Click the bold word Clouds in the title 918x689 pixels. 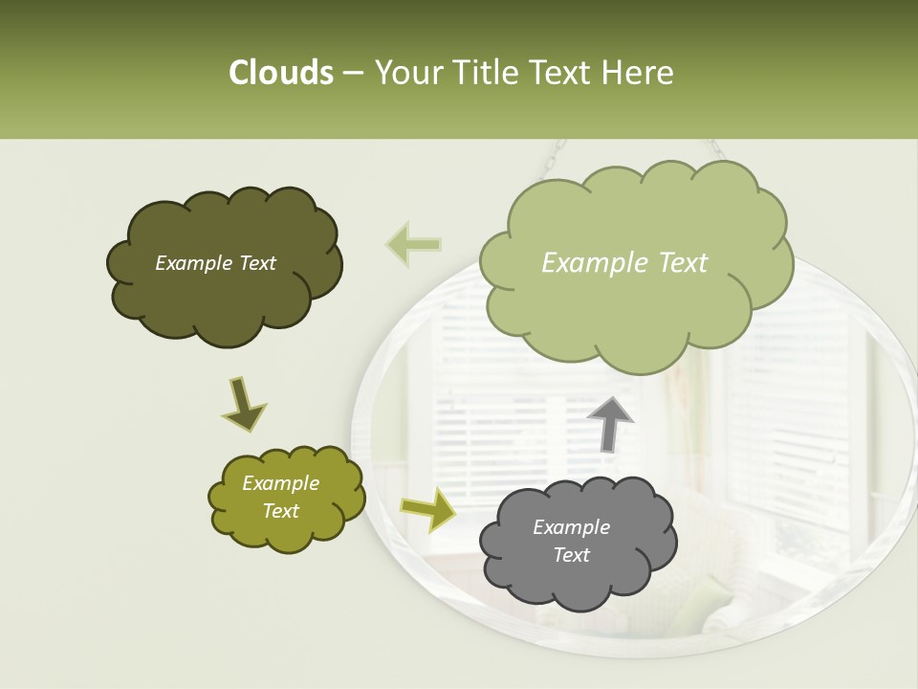click(x=280, y=73)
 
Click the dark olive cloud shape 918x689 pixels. click(x=226, y=306)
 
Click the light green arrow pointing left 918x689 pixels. click(x=414, y=244)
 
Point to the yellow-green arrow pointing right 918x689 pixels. click(x=428, y=509)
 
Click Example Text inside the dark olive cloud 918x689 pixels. click(x=215, y=263)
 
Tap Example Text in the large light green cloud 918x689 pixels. click(x=624, y=263)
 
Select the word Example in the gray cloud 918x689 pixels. click(x=571, y=527)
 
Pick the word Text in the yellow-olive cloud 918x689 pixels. click(x=281, y=511)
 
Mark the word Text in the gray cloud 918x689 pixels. click(x=571, y=555)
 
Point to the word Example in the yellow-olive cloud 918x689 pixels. click(x=280, y=483)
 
